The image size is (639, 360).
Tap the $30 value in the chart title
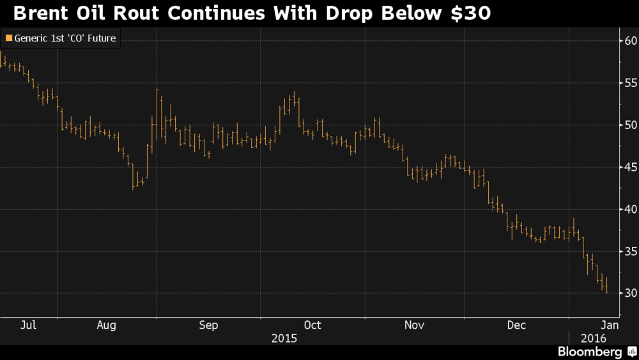pyautogui.click(x=471, y=13)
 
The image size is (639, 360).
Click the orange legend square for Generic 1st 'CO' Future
pyautogui.click(x=8, y=38)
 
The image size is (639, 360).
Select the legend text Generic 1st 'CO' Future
pyautogui.click(x=65, y=38)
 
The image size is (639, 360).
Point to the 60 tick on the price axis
pyautogui.click(x=631, y=41)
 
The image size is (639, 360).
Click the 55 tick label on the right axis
pyautogui.click(x=631, y=83)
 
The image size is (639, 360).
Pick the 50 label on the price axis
pyautogui.click(x=631, y=125)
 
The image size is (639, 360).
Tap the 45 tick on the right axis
pyautogui.click(x=631, y=167)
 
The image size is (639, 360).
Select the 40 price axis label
pyautogui.click(x=631, y=209)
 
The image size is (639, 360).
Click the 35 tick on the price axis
pyautogui.click(x=631, y=251)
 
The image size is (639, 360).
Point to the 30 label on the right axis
pyautogui.click(x=631, y=293)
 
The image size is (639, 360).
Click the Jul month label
pyautogui.click(x=29, y=325)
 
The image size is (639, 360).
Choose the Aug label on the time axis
pyautogui.click(x=106, y=325)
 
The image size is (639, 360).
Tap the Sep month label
pyautogui.click(x=208, y=325)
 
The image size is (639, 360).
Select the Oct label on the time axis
pyautogui.click(x=312, y=325)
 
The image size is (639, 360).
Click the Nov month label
pyautogui.click(x=415, y=325)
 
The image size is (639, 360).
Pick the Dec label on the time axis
pyautogui.click(x=516, y=325)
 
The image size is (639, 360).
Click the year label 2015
pyautogui.click(x=284, y=338)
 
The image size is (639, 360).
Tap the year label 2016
pyautogui.click(x=594, y=338)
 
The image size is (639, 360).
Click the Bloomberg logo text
pyautogui.click(x=590, y=352)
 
